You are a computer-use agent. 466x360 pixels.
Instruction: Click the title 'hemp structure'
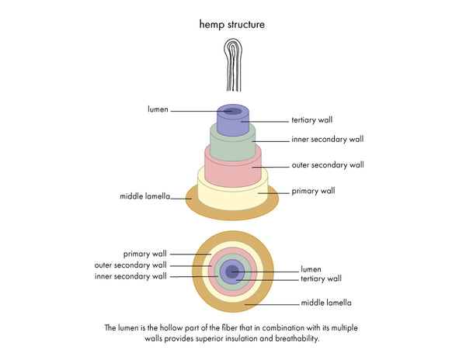[232, 25]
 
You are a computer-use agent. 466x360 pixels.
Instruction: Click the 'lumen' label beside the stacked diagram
[158, 110]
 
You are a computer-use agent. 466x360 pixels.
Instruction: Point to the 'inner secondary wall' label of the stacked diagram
[327, 140]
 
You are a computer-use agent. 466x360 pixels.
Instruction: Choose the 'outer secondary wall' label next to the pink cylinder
[327, 164]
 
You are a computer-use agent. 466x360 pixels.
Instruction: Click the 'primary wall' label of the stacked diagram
[312, 190]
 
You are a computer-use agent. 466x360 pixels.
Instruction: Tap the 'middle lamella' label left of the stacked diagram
[146, 197]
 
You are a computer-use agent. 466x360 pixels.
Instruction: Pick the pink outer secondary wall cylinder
[232, 172]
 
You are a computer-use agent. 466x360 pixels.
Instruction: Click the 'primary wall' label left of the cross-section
[145, 254]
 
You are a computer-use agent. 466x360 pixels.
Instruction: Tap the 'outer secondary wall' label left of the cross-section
[130, 265]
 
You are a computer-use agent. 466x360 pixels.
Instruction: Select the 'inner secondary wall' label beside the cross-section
[130, 276]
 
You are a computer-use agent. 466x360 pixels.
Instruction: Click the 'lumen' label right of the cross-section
[311, 270]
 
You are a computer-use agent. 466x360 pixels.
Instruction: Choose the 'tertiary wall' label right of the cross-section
[321, 279]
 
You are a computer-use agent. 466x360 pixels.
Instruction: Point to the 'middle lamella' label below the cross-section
[326, 303]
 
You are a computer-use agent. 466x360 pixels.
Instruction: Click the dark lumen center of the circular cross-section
[231, 271]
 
